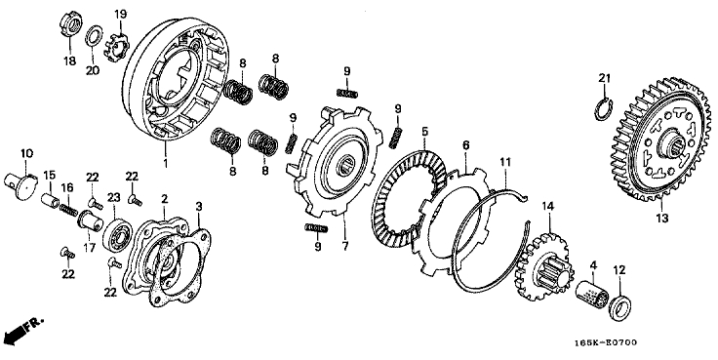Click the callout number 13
point(662,218)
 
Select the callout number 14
point(548,207)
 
